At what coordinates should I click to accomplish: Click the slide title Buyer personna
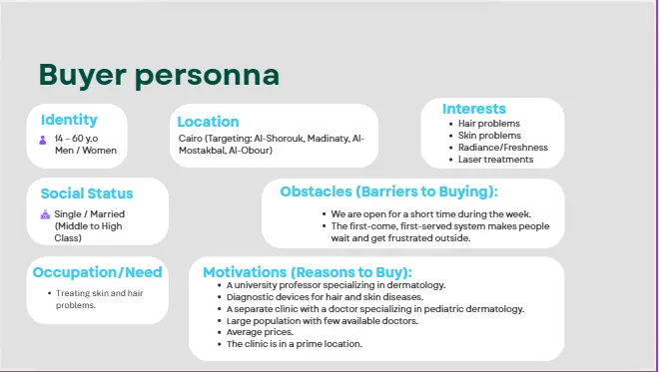coord(159,75)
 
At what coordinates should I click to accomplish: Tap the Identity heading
coord(69,121)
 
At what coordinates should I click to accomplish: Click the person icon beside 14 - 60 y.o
coord(43,140)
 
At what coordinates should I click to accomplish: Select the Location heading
coord(208,122)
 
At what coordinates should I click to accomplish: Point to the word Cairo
coord(190,139)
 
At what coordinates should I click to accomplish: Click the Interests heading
coord(474,109)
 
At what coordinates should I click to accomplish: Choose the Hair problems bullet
coord(489,124)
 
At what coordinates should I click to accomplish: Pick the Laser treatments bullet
coord(496,160)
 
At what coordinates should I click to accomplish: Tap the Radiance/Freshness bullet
coord(502,148)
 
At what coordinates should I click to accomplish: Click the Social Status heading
coord(87,193)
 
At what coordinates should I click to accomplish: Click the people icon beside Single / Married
coord(45,214)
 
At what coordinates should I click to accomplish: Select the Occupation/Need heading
coord(97,272)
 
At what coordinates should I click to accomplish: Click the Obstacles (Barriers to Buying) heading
coord(388,191)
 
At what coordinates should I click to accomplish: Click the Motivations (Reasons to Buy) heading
coord(308,272)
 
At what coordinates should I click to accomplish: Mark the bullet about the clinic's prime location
coord(295,344)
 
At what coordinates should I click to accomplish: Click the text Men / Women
coord(85,152)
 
